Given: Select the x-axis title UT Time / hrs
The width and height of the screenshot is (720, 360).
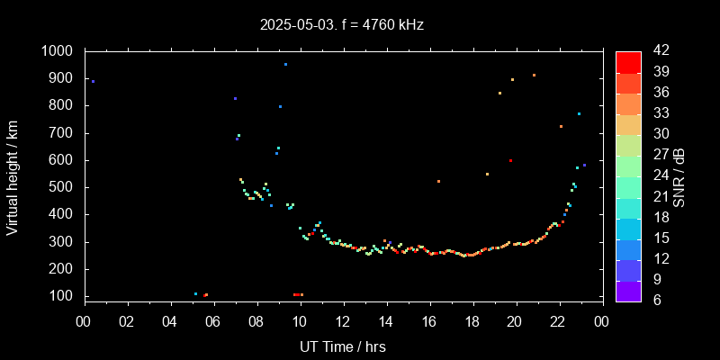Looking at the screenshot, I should pos(343,346).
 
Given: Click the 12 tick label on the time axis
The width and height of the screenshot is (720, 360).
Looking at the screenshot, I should pos(343,321).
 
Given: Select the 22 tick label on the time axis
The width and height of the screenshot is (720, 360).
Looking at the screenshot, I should pos(559,321).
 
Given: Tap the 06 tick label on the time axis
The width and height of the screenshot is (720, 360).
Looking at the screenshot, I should pos(214,321).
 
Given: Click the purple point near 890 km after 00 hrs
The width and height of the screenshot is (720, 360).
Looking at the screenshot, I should pos(93,81).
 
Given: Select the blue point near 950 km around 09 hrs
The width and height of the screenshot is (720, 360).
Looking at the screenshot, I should pos(285,65).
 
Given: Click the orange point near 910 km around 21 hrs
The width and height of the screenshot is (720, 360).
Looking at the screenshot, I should pos(534,76).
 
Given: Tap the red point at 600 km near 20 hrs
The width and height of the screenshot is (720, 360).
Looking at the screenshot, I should pos(510,160).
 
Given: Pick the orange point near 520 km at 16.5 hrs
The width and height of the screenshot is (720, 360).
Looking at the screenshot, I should pos(438,182).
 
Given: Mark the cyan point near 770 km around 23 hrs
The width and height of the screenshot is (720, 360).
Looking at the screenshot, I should pos(579,113).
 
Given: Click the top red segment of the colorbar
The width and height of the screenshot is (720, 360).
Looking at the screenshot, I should pos(628,61).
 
